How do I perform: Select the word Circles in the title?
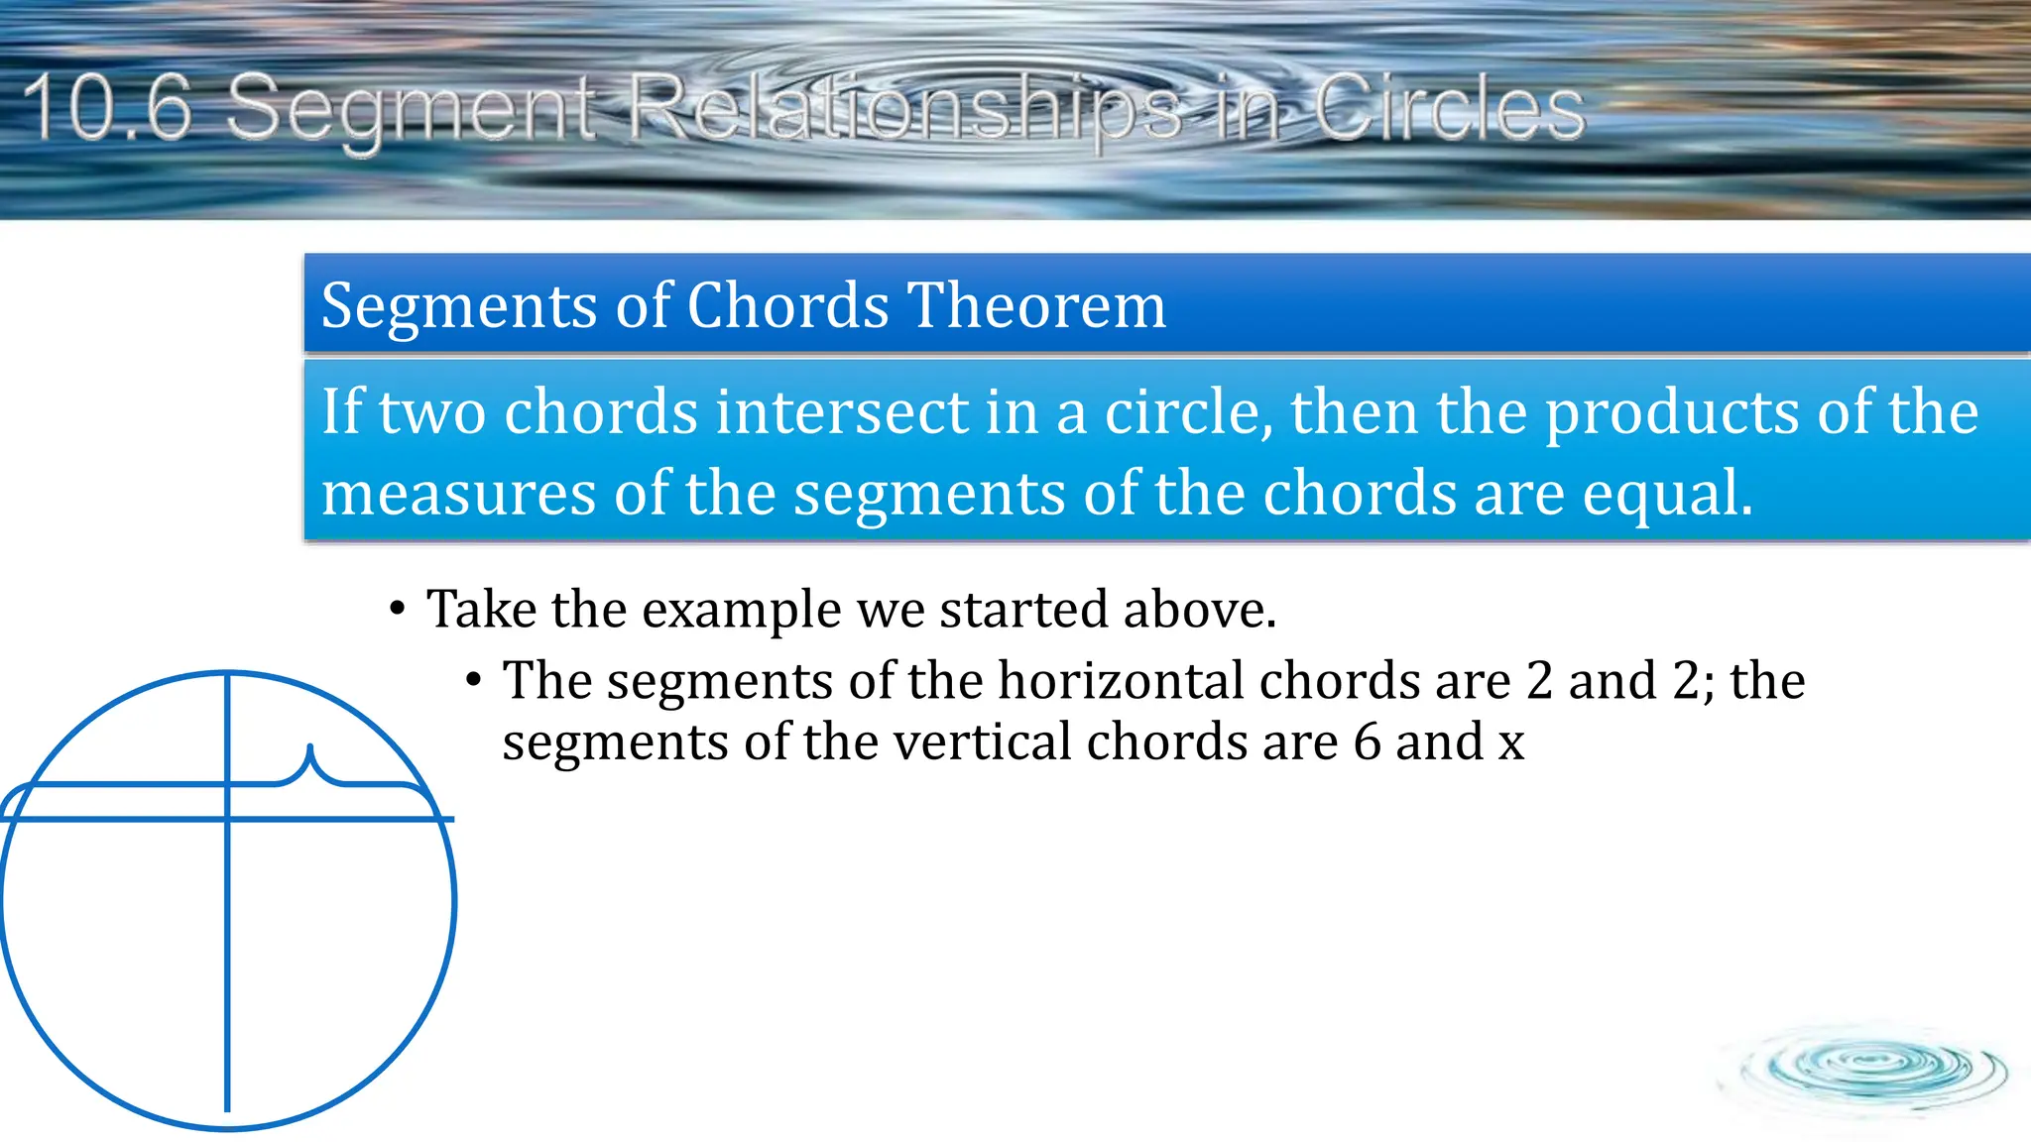click(1450, 109)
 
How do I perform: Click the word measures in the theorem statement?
click(458, 494)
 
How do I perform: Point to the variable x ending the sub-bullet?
click(1510, 743)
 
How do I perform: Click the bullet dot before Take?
click(398, 608)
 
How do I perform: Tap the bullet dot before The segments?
click(474, 680)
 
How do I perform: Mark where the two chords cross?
click(228, 819)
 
